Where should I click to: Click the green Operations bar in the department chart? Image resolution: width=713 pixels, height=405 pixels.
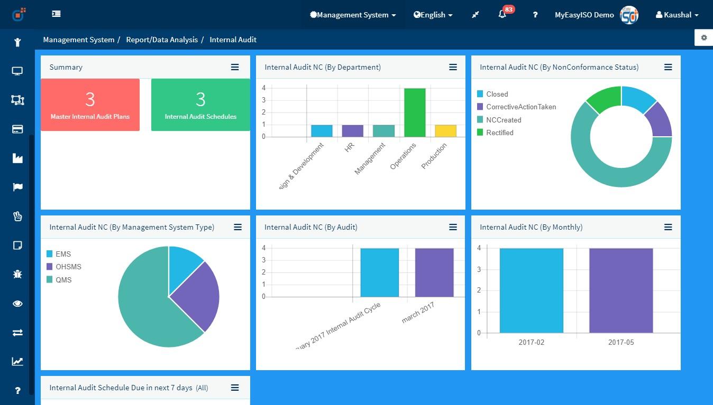pyautogui.click(x=415, y=112)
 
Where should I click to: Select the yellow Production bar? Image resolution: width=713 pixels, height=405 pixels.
pyautogui.click(x=445, y=131)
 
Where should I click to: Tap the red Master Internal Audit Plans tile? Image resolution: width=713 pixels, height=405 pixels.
pyautogui.click(x=90, y=105)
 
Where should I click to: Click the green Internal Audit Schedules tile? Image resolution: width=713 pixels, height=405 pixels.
pyautogui.click(x=200, y=105)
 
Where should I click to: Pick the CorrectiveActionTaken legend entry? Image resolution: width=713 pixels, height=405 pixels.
pyautogui.click(x=520, y=107)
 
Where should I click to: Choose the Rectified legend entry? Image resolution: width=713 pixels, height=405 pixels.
pyautogui.click(x=499, y=133)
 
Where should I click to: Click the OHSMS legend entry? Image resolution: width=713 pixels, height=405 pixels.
pyautogui.click(x=68, y=267)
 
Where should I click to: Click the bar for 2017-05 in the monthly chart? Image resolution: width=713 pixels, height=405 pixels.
pyautogui.click(x=620, y=290)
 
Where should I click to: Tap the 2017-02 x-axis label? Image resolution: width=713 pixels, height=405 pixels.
pyautogui.click(x=531, y=342)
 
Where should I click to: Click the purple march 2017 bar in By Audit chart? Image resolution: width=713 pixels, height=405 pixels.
pyautogui.click(x=434, y=272)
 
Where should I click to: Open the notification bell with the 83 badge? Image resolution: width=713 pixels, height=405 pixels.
pyautogui.click(x=502, y=15)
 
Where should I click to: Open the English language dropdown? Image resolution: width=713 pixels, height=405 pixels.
pyautogui.click(x=433, y=15)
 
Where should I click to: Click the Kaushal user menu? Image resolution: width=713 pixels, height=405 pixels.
pyautogui.click(x=677, y=15)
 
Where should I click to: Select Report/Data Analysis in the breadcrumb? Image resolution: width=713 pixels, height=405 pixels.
pyautogui.click(x=162, y=40)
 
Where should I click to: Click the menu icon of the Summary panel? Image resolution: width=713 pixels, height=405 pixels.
pyautogui.click(x=235, y=67)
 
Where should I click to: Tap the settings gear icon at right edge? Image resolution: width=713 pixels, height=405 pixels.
pyautogui.click(x=703, y=37)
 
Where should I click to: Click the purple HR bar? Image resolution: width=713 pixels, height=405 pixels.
pyautogui.click(x=352, y=131)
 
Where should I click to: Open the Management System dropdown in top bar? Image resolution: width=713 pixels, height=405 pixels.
pyautogui.click(x=353, y=15)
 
